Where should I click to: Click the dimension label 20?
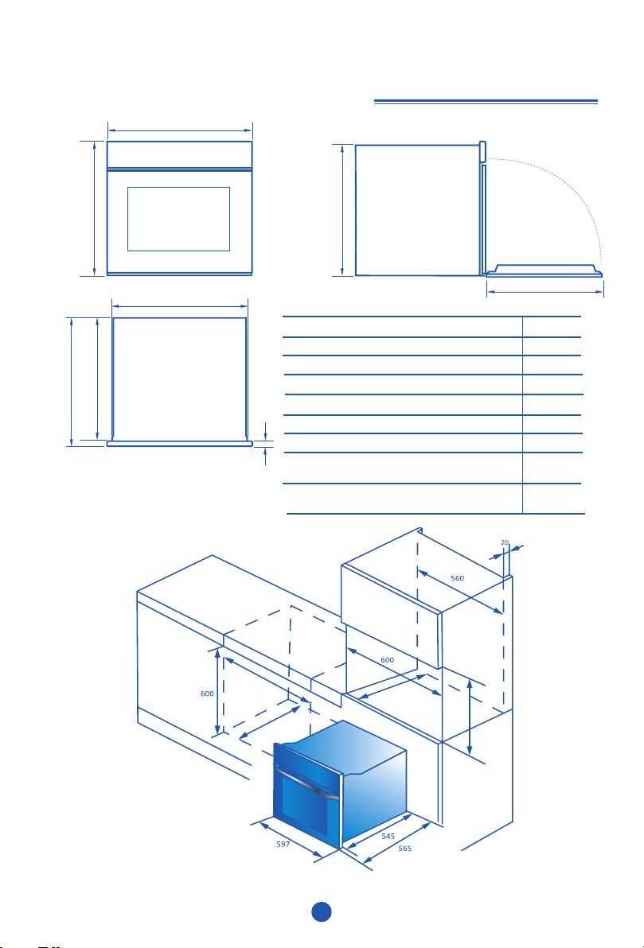point(505,542)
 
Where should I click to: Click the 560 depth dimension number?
point(458,578)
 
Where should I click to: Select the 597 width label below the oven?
point(283,845)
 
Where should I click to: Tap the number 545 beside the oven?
point(388,836)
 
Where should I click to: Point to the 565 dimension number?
point(405,849)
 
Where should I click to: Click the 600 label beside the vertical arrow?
point(207,694)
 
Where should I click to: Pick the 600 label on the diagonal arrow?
point(388,660)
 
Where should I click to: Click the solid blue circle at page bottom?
point(322,911)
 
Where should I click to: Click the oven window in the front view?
point(178,219)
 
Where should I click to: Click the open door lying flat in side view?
point(544,271)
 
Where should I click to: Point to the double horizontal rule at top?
point(486,102)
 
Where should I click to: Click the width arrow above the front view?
point(180,130)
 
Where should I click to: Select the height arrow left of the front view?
point(95,208)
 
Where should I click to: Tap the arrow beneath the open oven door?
point(545,293)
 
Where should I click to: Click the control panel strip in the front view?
point(180,155)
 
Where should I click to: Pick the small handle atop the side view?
point(482,151)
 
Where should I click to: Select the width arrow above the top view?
point(180,306)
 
